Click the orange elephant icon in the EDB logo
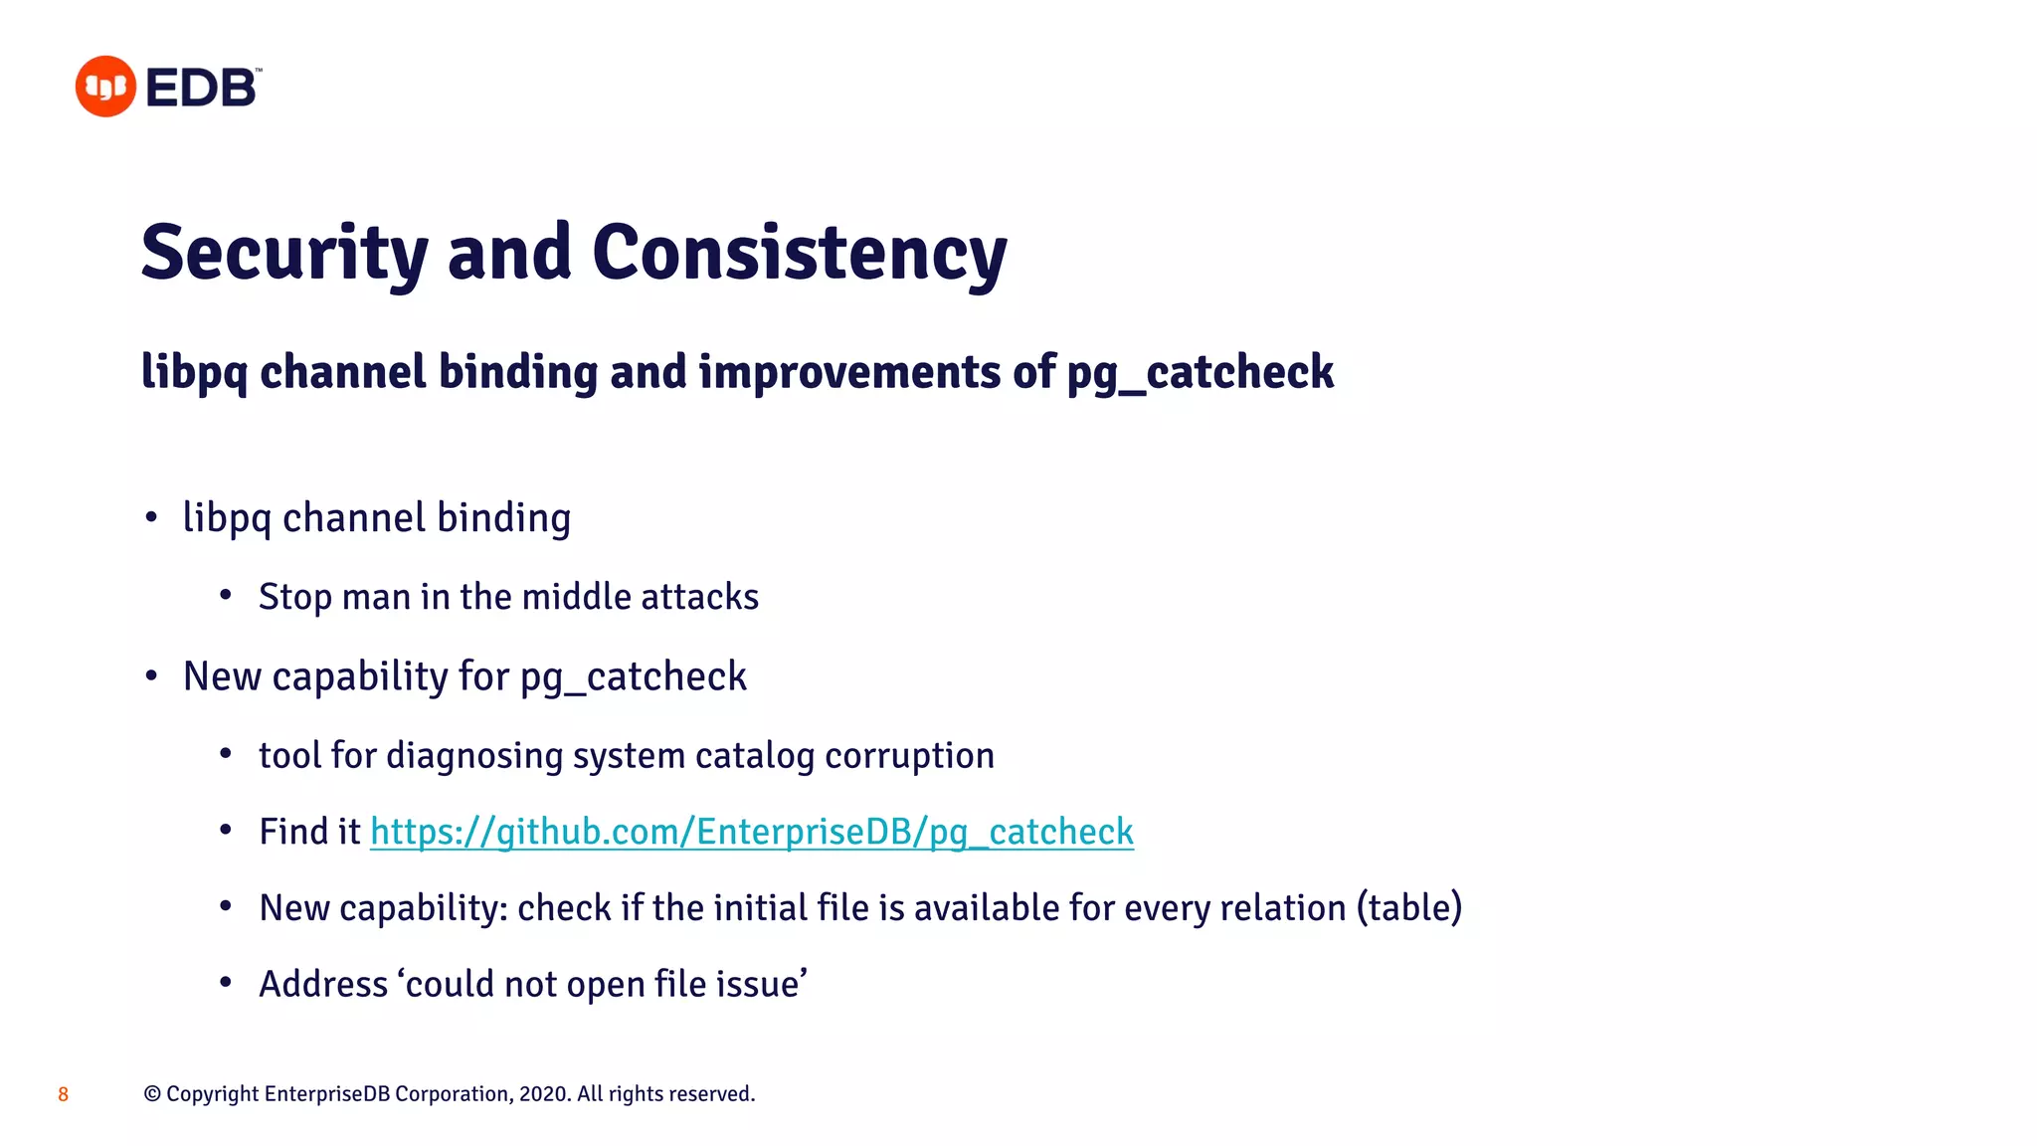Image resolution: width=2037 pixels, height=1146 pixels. point(105,87)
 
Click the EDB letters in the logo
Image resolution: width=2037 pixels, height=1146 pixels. point(202,89)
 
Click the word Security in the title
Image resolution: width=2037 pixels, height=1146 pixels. point(284,254)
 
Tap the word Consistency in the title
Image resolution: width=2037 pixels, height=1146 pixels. point(799,254)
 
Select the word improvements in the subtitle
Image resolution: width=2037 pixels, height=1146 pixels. point(849,372)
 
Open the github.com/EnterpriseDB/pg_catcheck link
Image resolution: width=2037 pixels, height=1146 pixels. point(751,832)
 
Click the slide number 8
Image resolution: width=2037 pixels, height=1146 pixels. point(63,1094)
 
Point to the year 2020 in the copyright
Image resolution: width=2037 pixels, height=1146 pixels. point(543,1094)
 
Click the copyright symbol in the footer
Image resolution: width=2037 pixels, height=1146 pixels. point(152,1094)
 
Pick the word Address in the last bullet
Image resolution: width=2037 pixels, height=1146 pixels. point(323,985)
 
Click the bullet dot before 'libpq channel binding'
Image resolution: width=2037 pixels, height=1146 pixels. point(151,517)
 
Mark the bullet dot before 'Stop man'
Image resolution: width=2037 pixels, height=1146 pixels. point(226,596)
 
